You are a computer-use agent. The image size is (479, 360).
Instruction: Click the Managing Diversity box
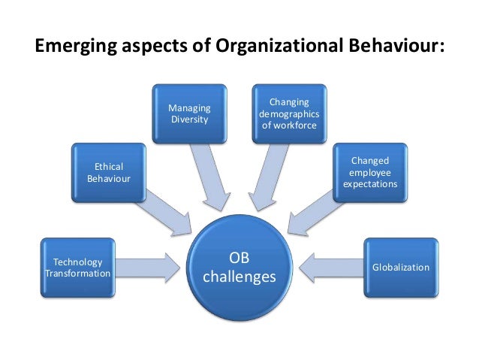pyautogui.click(x=189, y=113)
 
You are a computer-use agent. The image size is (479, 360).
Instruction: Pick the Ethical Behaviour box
pyautogui.click(x=109, y=172)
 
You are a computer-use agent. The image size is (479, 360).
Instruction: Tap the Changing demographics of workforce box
pyautogui.click(x=289, y=113)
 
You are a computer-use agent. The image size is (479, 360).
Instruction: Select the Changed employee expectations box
pyautogui.click(x=369, y=172)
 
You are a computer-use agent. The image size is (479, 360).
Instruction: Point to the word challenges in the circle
pyautogui.click(x=239, y=277)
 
